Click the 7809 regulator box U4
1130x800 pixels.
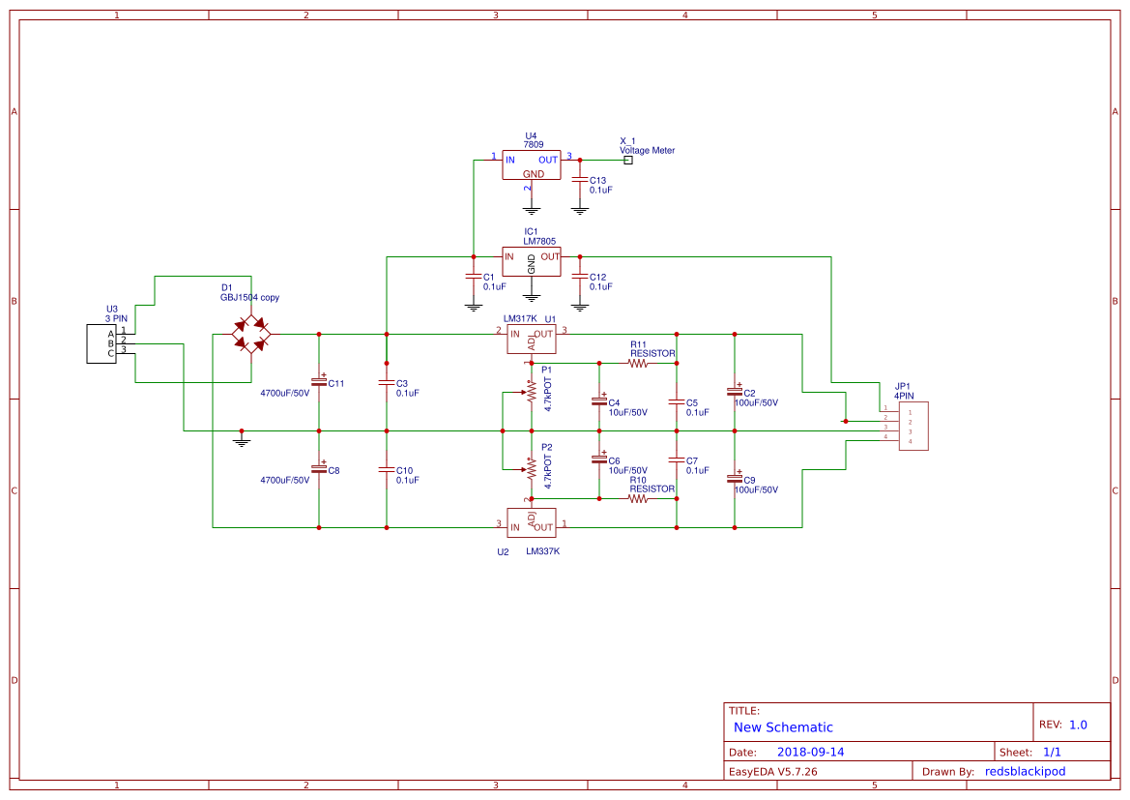(x=531, y=165)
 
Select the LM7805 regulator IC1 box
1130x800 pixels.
(x=531, y=261)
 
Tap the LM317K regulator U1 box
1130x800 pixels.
(x=531, y=339)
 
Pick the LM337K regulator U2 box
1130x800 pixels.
(x=531, y=522)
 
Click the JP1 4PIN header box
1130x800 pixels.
(x=913, y=426)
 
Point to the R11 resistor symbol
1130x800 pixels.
(x=638, y=364)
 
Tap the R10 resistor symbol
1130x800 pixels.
(x=638, y=498)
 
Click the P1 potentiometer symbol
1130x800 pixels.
(x=531, y=391)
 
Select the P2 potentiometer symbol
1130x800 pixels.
(x=531, y=469)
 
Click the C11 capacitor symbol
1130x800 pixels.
(x=319, y=381)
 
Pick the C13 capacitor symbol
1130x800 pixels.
(x=580, y=182)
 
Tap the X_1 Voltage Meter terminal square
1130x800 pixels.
(x=628, y=160)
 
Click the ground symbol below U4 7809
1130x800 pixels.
(x=531, y=209)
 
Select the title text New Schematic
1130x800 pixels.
(x=783, y=727)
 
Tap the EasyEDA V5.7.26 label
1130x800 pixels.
(x=772, y=771)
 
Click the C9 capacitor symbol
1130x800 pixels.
(x=735, y=478)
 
